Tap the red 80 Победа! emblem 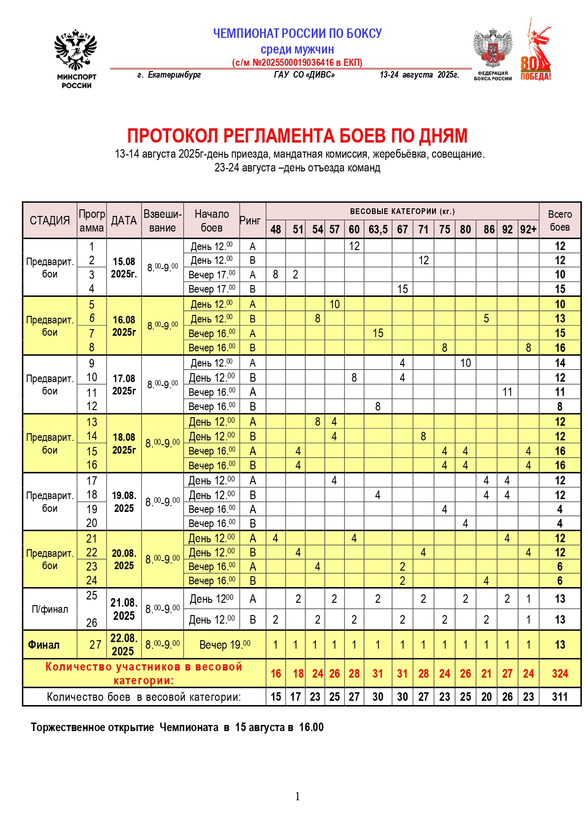(x=536, y=50)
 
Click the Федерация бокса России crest (x=493, y=54)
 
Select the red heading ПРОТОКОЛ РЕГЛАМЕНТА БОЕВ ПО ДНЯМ (x=297, y=136)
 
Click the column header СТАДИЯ (x=50, y=220)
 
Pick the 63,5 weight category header (x=378, y=230)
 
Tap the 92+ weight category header (x=528, y=230)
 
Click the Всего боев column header (x=560, y=221)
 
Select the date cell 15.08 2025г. (x=124, y=268)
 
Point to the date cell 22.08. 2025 (x=124, y=644)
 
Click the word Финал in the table (x=44, y=645)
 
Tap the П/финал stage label (x=50, y=609)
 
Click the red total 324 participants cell (x=560, y=673)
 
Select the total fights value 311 (x=560, y=697)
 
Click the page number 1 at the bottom (x=298, y=796)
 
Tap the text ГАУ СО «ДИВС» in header (x=304, y=75)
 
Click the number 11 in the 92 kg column (x=507, y=392)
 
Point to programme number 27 (x=95, y=645)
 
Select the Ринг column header (x=250, y=221)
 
